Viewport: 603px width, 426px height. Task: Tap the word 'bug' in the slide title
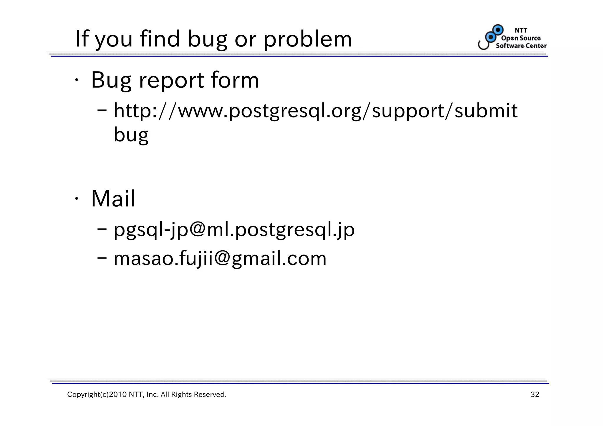[x=208, y=40]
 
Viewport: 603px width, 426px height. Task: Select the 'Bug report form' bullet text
[x=175, y=80]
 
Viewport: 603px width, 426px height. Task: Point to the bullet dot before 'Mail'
[x=76, y=199]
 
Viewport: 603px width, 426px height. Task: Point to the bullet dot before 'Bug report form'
[x=76, y=80]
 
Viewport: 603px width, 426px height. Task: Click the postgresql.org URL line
[x=315, y=111]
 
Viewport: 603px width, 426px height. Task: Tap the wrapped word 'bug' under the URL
[x=131, y=135]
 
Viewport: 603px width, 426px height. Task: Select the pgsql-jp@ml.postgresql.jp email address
[x=234, y=230]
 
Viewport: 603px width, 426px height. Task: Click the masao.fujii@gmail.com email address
[x=220, y=259]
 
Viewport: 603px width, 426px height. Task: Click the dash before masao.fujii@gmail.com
[x=102, y=258]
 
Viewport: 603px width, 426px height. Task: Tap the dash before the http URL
[x=102, y=111]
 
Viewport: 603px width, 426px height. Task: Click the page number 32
[x=535, y=395]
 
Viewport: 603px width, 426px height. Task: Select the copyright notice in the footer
[x=147, y=395]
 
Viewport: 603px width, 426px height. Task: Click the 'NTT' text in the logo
[x=521, y=30]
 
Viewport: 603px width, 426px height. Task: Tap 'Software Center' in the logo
[x=521, y=46]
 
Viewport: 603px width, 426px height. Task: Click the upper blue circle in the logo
[x=498, y=30]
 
